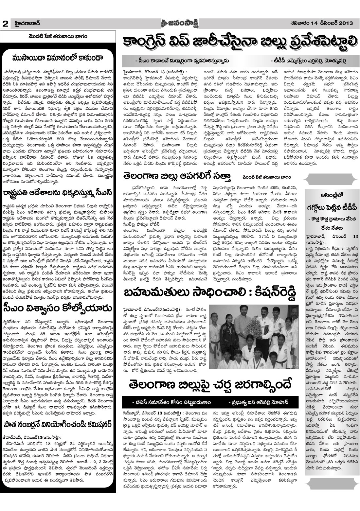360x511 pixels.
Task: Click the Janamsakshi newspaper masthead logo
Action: pos(180,23)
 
